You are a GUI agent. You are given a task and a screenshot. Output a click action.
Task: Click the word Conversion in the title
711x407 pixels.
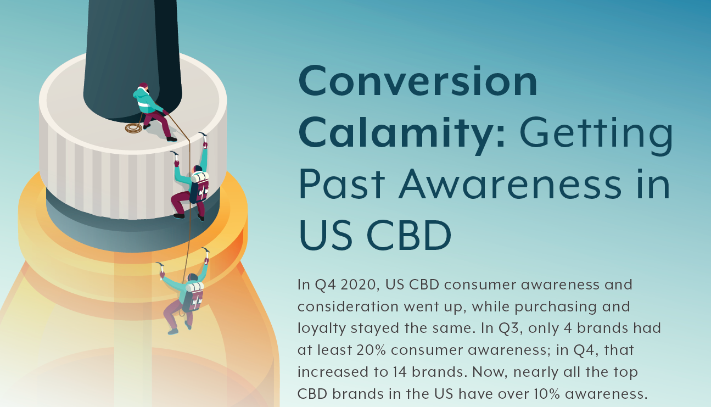417,81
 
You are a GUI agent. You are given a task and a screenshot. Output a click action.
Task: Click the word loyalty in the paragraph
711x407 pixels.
322,329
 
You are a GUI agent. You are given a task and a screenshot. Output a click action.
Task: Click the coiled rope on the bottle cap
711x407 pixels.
133,128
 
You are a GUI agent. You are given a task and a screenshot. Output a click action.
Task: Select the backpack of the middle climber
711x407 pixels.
200,186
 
